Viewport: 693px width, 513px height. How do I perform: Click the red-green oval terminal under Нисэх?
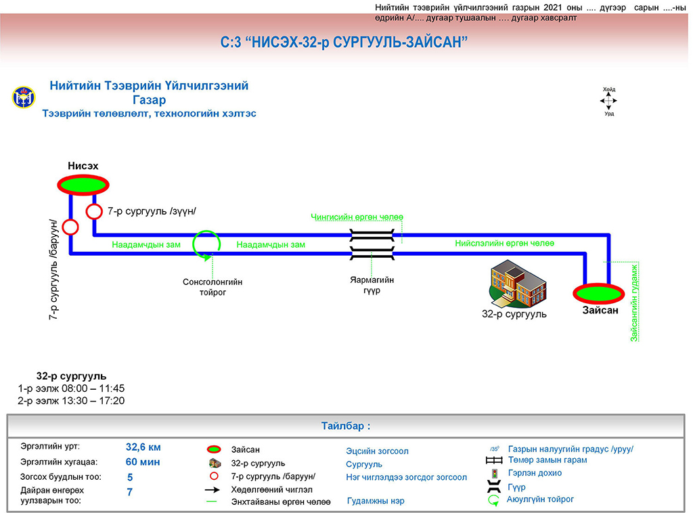83,184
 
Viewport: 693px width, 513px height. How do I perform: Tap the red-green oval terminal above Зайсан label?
599,293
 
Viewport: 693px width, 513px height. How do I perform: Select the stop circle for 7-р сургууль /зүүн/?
93,212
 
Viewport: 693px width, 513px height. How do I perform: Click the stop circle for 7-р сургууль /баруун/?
70,226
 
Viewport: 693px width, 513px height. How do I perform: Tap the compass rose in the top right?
608,101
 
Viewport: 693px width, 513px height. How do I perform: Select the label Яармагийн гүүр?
372,285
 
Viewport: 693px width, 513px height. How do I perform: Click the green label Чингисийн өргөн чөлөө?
357,217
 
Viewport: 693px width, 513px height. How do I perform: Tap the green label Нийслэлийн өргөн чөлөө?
505,243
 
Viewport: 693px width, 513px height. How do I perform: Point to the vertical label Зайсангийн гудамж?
635,303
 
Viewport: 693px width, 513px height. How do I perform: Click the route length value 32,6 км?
143,447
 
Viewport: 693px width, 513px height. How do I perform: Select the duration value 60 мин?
143,462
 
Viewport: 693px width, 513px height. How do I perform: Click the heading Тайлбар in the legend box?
346,426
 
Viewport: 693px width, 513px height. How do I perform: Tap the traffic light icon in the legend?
494,473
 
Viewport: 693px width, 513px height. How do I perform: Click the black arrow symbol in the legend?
214,489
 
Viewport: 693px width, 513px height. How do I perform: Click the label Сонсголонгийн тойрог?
212,287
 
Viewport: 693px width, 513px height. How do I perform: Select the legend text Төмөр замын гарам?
547,460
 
